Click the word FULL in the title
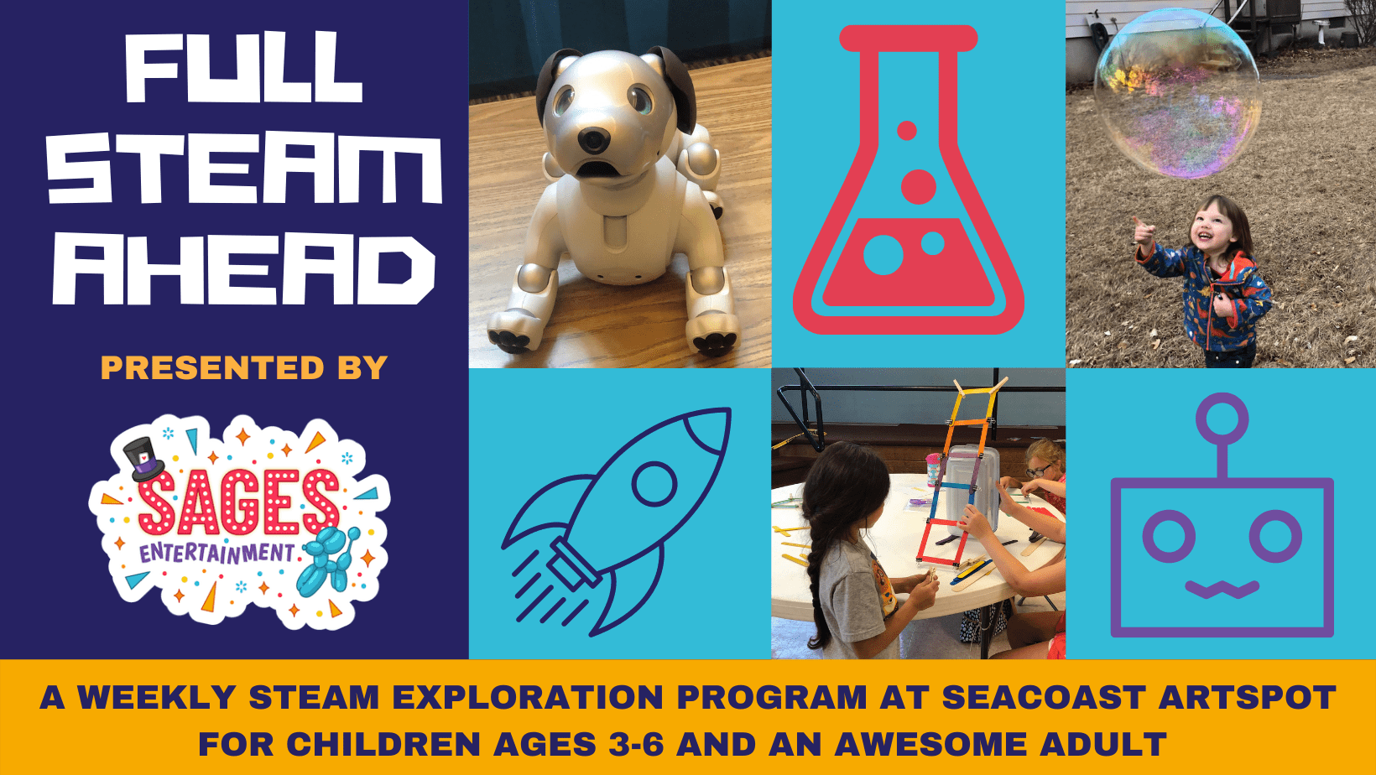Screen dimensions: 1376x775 pos(244,68)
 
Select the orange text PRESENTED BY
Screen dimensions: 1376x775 pos(244,368)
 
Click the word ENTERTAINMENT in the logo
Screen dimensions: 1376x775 pos(216,553)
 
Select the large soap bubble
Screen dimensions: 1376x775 pos(1178,93)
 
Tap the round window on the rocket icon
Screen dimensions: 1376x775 pos(654,483)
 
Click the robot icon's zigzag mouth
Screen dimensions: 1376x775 pos(1222,590)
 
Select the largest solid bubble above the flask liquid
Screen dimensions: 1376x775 pos(919,186)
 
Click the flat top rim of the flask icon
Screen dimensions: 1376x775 pos(908,38)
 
